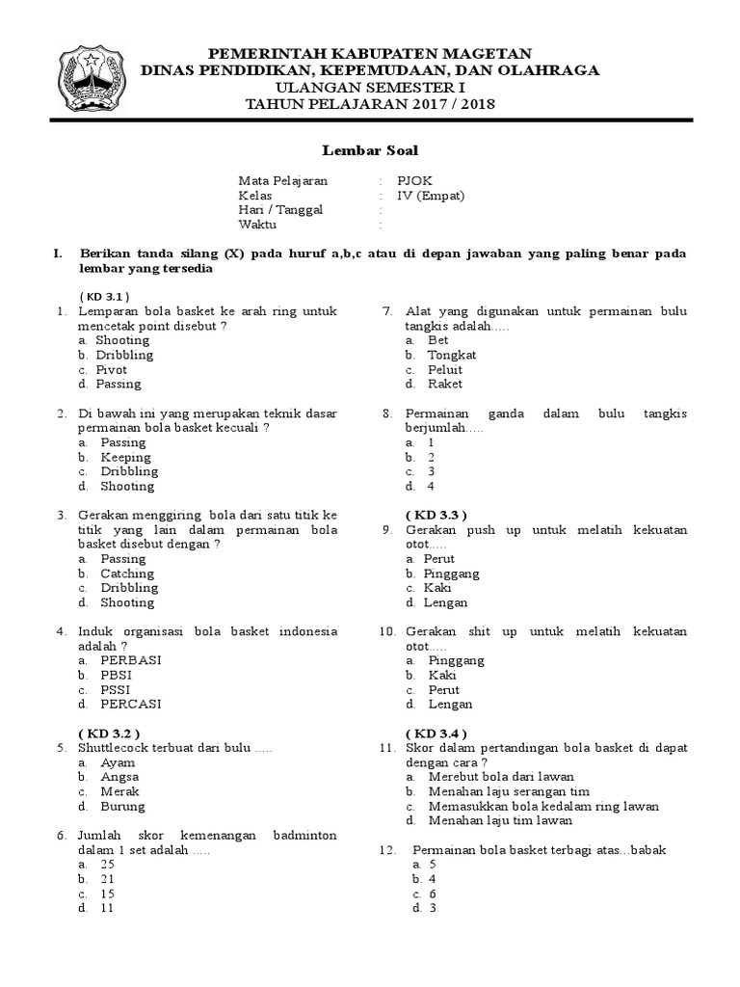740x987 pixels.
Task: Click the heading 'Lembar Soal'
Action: click(x=369, y=150)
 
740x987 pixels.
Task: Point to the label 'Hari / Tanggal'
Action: click(x=281, y=209)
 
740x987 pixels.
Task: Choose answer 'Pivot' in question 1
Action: click(x=111, y=369)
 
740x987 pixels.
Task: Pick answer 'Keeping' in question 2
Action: click(x=125, y=457)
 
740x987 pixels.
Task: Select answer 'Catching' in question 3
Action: click(x=127, y=574)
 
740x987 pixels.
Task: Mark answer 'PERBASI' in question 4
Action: click(x=131, y=660)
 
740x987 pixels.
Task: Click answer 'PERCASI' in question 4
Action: click(x=131, y=704)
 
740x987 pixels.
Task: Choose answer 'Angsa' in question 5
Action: click(x=119, y=777)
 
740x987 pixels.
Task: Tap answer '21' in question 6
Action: click(x=107, y=879)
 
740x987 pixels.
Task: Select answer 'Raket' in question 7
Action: click(x=445, y=384)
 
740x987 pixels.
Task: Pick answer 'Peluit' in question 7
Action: click(x=445, y=369)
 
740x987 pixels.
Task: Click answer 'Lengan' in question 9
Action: click(x=445, y=602)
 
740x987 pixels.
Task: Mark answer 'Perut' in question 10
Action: click(x=443, y=690)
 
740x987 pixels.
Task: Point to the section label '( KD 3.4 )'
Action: click(x=436, y=734)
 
